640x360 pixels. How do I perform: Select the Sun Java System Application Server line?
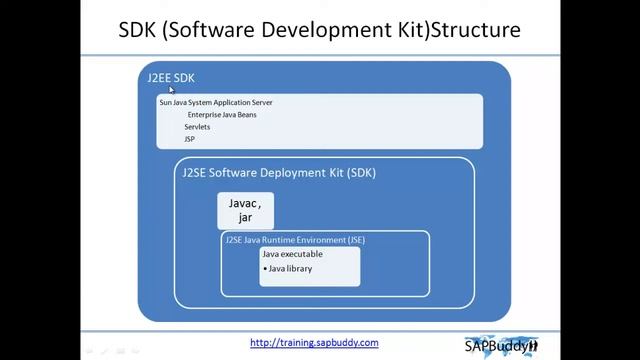click(216, 102)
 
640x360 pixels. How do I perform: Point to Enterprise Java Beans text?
click(230, 115)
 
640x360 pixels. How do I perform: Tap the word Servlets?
click(198, 127)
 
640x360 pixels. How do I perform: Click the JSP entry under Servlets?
click(190, 139)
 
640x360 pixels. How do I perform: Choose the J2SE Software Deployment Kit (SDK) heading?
click(279, 172)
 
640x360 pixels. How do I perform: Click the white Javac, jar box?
click(245, 210)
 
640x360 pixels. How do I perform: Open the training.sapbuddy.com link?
click(314, 342)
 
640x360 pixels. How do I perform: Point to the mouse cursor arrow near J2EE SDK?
click(171, 89)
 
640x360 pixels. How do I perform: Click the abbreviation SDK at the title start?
click(141, 30)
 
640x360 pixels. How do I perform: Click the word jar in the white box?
click(245, 217)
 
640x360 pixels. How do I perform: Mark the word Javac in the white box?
click(243, 202)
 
